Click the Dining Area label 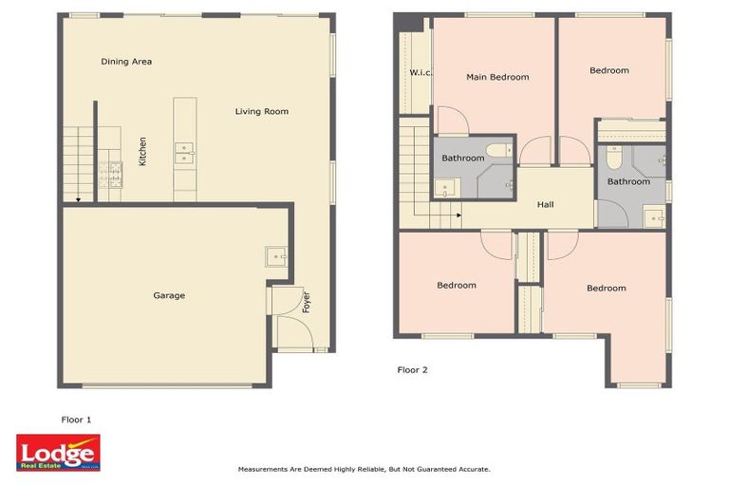click(x=126, y=62)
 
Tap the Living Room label click(x=261, y=112)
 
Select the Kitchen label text click(x=143, y=152)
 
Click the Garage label click(x=169, y=295)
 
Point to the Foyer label click(x=306, y=302)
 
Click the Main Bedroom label click(x=496, y=77)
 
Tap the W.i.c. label click(x=421, y=73)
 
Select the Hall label click(x=545, y=204)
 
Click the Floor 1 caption click(x=76, y=419)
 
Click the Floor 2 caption click(x=412, y=370)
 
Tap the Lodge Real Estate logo click(x=58, y=453)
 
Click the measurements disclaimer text click(x=364, y=469)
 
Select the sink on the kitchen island click(x=184, y=150)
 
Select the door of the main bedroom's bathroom click(x=452, y=121)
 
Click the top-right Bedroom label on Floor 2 click(x=608, y=70)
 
